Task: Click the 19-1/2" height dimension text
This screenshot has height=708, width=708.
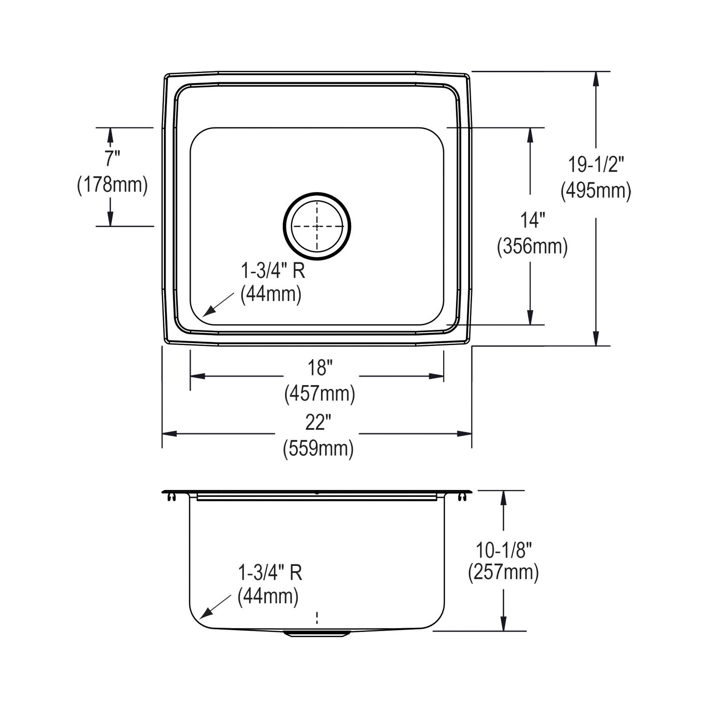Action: pyautogui.click(x=596, y=165)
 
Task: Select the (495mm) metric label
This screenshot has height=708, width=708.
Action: pyautogui.click(x=596, y=191)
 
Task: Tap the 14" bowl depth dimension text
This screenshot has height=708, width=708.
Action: pyautogui.click(x=533, y=220)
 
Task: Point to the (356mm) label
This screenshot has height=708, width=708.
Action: pyautogui.click(x=532, y=246)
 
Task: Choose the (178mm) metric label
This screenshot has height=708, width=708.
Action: pyautogui.click(x=112, y=184)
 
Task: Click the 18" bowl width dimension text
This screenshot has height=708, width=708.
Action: pyautogui.click(x=320, y=367)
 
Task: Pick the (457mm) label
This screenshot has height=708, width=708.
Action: pyautogui.click(x=320, y=393)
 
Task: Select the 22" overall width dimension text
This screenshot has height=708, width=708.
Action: pyautogui.click(x=316, y=422)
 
